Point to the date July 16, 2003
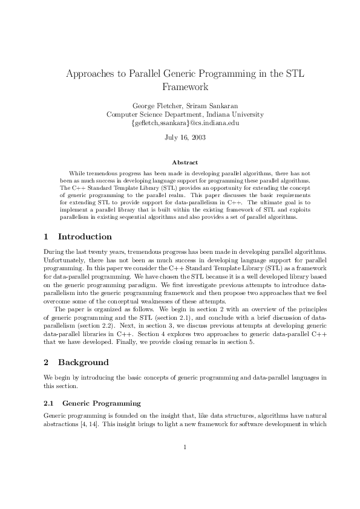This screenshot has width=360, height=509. pyautogui.click(x=185, y=137)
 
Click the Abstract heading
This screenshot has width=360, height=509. pyautogui.click(x=185, y=162)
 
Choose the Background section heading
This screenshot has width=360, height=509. pyautogui.click(x=83, y=362)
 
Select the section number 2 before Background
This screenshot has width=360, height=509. pyautogui.click(x=46, y=362)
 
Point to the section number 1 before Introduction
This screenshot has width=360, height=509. pyautogui.click(x=46, y=236)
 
